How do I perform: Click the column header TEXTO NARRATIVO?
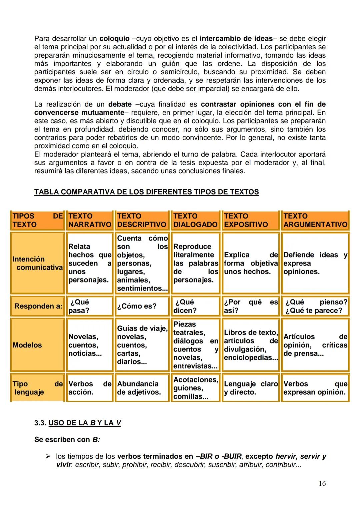pos(89,220)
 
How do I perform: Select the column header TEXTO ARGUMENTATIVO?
pos(315,220)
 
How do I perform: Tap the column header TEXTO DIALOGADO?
pos(195,220)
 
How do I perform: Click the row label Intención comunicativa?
pos(37,263)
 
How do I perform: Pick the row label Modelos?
pos(27,345)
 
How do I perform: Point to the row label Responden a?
pos(38,306)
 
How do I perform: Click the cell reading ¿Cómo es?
pos(137,306)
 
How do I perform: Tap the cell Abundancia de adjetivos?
pos(139,388)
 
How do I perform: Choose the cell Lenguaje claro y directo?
pos(250,388)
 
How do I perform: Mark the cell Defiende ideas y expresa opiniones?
pos(315,263)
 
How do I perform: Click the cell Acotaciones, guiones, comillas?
pos(196,388)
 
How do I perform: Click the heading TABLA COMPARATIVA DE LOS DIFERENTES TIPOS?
pos(146,192)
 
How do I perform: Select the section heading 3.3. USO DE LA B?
pos(77,423)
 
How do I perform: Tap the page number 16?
pos(322,484)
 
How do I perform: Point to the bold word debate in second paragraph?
pos(120,104)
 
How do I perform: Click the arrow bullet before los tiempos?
pos(48,456)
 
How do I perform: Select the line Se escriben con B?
pos(67,440)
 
